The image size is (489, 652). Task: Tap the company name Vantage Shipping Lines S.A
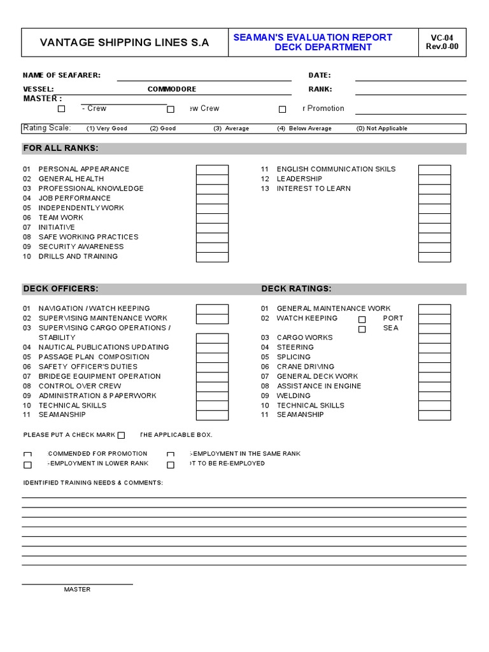click(x=124, y=43)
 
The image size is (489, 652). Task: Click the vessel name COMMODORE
click(x=172, y=89)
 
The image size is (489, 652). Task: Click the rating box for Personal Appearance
click(x=211, y=169)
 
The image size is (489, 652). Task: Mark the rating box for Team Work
click(x=211, y=218)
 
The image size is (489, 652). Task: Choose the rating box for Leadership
click(x=434, y=179)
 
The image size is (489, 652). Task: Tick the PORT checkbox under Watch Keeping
click(x=362, y=319)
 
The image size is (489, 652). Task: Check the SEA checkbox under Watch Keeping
click(x=362, y=329)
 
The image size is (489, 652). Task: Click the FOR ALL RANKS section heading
click(x=61, y=148)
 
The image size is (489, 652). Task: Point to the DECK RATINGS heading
click(x=296, y=289)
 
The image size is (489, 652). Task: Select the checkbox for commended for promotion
click(x=27, y=455)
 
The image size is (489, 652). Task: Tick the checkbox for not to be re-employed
click(x=171, y=465)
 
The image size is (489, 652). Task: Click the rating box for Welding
click(x=434, y=396)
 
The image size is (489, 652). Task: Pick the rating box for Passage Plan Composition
click(x=211, y=357)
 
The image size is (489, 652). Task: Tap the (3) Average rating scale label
click(x=231, y=129)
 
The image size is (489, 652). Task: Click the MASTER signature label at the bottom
click(x=77, y=590)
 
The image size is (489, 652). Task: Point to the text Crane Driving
click(x=305, y=367)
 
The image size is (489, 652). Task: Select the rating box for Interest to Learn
click(x=434, y=188)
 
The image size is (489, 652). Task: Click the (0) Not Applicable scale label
click(x=381, y=129)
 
